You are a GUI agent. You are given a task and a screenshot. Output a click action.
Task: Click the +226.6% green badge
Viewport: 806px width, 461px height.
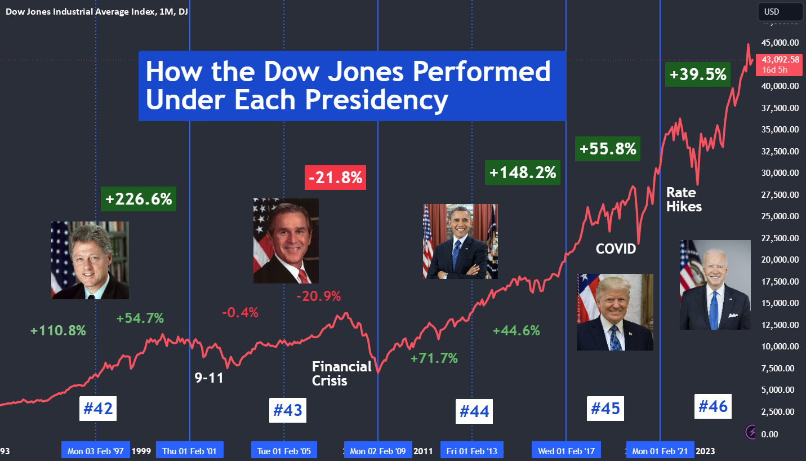pos(139,199)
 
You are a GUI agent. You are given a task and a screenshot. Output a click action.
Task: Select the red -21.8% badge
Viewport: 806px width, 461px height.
pos(336,178)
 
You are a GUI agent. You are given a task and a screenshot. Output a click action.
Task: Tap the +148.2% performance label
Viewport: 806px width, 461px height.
pos(523,172)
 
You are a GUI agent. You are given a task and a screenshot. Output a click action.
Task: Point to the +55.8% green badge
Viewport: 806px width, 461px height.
pos(608,149)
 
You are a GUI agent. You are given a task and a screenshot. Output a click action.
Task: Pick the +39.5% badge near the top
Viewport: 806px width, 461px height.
pos(698,74)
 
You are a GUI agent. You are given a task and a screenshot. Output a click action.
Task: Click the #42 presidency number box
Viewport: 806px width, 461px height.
pos(99,409)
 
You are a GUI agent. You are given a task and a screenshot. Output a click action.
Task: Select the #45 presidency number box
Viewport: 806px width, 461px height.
pos(605,407)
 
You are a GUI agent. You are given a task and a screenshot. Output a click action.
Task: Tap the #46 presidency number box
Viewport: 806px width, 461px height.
pos(713,406)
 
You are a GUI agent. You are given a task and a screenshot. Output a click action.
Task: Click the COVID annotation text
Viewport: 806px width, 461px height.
pos(616,249)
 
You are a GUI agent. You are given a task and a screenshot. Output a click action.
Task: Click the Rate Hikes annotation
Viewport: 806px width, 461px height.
pos(684,200)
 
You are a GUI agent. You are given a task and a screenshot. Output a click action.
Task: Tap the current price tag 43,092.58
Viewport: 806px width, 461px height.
pos(780,64)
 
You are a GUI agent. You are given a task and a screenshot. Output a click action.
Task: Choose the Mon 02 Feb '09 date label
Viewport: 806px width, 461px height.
pos(377,451)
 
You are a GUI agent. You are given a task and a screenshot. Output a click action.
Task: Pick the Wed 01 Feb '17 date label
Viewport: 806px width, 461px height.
pos(565,451)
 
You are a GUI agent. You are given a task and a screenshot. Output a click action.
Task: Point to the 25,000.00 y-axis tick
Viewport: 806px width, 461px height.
pos(780,216)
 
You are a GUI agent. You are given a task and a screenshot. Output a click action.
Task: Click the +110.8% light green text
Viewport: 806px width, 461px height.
pos(58,331)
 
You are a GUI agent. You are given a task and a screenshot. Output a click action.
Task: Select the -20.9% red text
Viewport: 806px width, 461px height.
pos(319,296)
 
